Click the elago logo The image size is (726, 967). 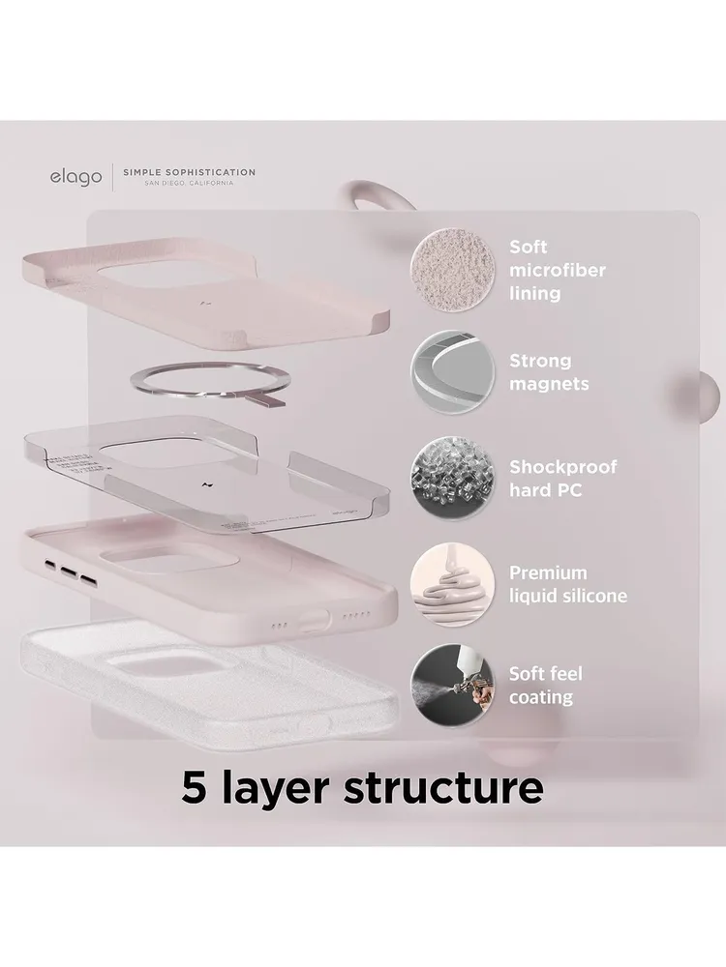[76, 178]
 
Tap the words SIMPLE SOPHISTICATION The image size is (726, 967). [189, 172]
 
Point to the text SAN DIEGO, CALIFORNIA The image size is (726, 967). [189, 183]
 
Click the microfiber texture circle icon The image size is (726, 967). [452, 269]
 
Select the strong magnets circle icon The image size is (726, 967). [452, 372]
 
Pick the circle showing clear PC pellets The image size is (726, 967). [452, 478]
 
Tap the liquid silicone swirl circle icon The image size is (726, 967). [452, 584]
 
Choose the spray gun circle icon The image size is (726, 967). [452, 686]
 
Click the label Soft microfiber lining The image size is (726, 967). [558, 270]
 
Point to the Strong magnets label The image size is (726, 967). [549, 372]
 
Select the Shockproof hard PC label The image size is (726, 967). [562, 478]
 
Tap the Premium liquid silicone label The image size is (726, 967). [568, 584]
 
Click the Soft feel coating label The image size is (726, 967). [546, 686]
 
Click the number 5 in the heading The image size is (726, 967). [194, 787]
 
